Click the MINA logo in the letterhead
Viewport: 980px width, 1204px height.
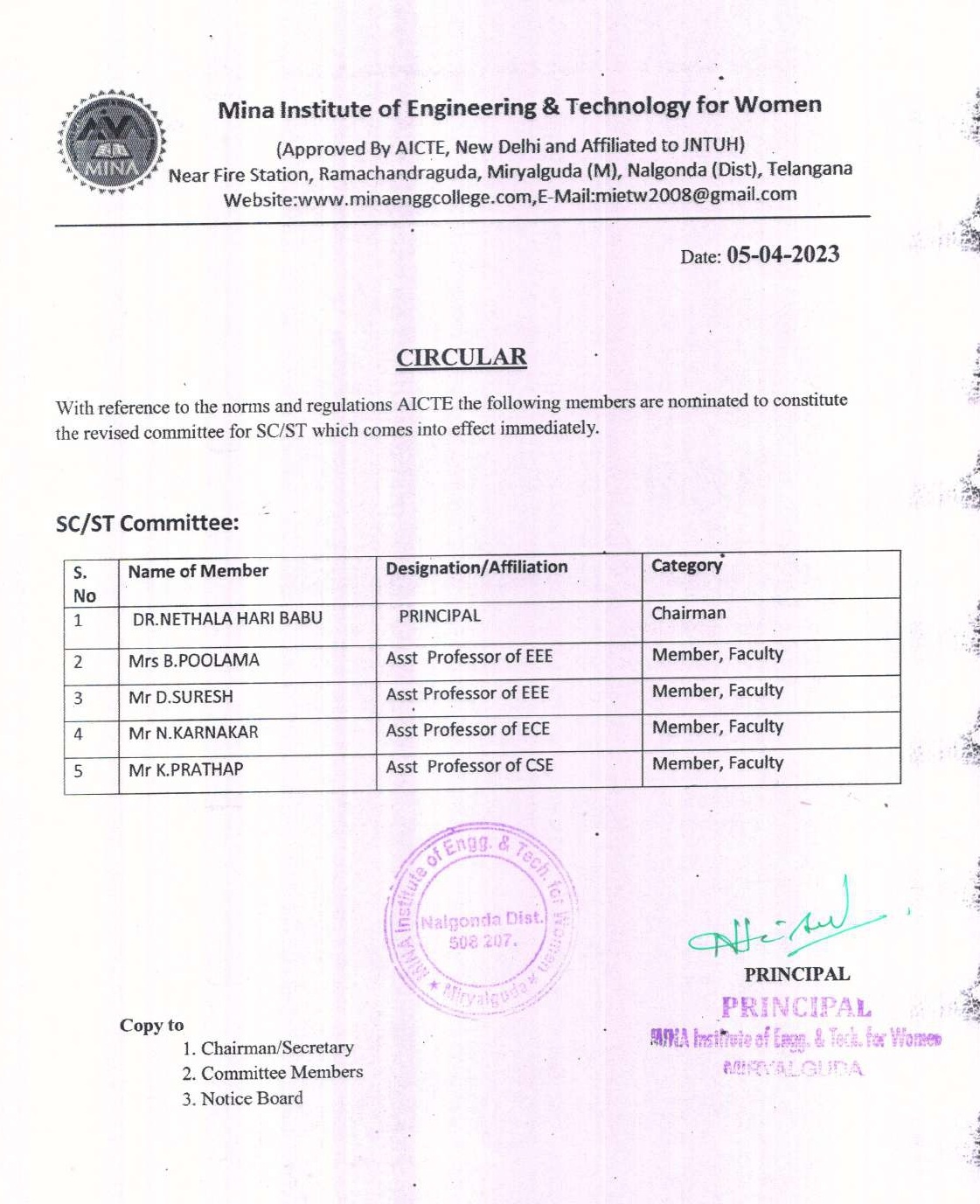pyautogui.click(x=112, y=141)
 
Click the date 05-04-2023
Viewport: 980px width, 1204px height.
pyautogui.click(x=782, y=254)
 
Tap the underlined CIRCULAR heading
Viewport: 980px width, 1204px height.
pyautogui.click(x=462, y=358)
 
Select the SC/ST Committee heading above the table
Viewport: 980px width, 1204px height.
pyautogui.click(x=147, y=523)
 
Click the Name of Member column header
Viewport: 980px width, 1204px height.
pyautogui.click(x=198, y=571)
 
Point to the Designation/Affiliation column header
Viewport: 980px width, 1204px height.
pyautogui.click(x=476, y=567)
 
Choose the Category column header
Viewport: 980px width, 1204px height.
pyautogui.click(x=687, y=565)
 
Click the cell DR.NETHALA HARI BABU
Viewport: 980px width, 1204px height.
pyautogui.click(x=227, y=618)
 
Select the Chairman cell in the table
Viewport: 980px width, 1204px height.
pyautogui.click(x=689, y=613)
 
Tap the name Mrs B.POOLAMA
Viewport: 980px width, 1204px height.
pyautogui.click(x=194, y=660)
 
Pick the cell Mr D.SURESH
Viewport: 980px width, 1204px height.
pyautogui.click(x=181, y=697)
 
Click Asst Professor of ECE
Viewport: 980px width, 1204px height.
pyautogui.click(x=468, y=729)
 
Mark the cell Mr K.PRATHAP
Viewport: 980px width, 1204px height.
pyautogui.click(x=186, y=769)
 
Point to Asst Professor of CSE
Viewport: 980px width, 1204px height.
pyautogui.click(x=469, y=766)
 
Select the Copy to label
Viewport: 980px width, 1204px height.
pyautogui.click(x=152, y=1025)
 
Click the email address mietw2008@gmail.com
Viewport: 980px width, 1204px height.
pyautogui.click(x=695, y=194)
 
